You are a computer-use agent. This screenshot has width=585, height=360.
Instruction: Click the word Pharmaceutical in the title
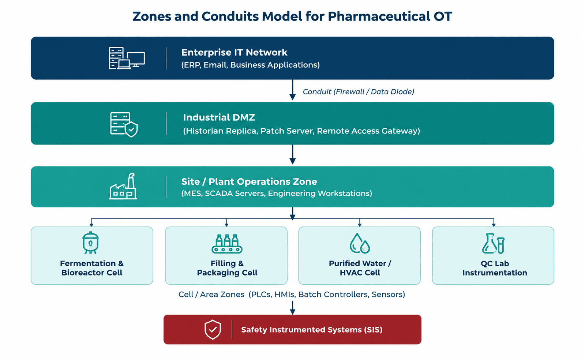379,17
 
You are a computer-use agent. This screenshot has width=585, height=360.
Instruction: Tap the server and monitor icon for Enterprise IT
127,58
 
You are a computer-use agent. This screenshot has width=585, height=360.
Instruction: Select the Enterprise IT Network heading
234,53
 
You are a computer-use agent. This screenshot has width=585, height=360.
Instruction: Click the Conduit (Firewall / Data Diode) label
358,92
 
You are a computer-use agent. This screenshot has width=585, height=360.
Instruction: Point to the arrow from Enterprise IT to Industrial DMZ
293,90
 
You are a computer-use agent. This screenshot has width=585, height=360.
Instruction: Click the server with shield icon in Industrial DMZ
124,125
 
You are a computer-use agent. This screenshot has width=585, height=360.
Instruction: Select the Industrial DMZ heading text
219,117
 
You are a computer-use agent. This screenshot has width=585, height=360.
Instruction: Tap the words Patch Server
287,131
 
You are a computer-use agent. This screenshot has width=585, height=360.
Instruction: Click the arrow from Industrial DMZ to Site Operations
293,154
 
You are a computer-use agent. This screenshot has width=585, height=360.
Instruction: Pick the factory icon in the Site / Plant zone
123,186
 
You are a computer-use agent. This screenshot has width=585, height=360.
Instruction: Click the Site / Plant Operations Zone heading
249,181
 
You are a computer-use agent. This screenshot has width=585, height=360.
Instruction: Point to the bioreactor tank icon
90,243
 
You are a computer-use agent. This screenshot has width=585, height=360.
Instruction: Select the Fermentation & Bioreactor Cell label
92,268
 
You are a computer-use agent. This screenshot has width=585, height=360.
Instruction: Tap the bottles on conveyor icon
227,244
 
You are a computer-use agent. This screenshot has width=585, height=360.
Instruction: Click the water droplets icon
360,243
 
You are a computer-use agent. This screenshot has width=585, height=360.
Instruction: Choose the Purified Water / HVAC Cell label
360,268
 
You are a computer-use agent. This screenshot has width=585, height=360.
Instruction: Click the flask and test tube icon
493,244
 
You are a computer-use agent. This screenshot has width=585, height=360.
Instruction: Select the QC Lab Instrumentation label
495,268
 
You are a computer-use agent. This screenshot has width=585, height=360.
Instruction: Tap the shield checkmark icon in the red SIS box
213,329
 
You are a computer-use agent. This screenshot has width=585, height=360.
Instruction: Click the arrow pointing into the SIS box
293,308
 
